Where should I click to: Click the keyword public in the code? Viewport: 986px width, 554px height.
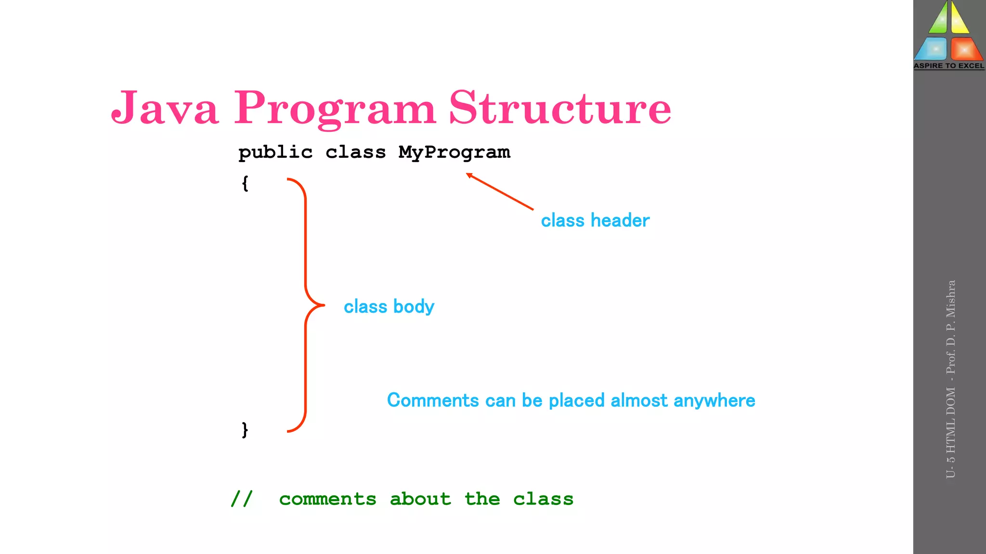point(275,152)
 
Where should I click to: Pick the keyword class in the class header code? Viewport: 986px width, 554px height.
point(355,152)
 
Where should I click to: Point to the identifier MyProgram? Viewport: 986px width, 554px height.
point(454,152)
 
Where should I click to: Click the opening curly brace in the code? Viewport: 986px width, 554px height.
point(245,183)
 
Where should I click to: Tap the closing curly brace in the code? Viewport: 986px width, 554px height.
point(245,429)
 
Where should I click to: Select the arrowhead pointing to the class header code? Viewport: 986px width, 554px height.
point(469,176)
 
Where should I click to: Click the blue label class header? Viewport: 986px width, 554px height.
point(595,220)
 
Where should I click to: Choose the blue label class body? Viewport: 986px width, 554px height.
point(389,306)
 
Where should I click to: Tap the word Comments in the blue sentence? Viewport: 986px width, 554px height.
point(433,400)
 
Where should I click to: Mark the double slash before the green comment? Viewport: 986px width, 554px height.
point(241,499)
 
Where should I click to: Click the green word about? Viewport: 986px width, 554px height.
point(420,499)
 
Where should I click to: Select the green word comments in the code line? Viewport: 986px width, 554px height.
point(327,499)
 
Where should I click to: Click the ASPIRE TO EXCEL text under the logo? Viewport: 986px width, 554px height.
point(949,66)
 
